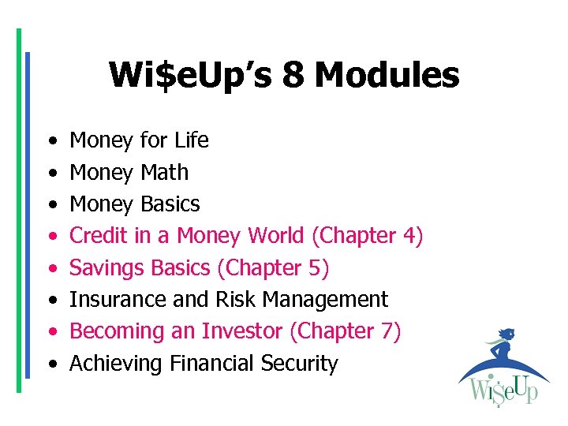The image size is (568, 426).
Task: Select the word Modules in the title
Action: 387,76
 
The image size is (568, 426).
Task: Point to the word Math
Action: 164,172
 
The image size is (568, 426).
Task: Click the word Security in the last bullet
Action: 303,364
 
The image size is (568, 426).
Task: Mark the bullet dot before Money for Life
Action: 51,142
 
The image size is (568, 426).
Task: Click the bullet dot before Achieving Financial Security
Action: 51,365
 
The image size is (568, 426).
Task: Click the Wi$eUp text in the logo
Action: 503,390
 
